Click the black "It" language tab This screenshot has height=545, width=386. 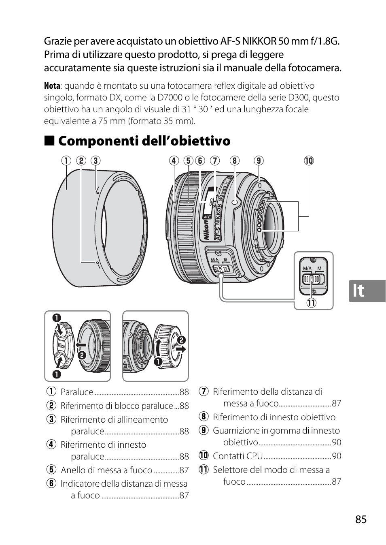[367, 291]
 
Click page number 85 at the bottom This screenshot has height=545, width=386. [361, 519]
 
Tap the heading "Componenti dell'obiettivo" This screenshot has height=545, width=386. [144, 141]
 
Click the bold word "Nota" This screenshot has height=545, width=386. [52, 86]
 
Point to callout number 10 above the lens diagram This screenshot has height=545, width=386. [309, 161]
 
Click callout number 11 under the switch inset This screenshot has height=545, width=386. [311, 303]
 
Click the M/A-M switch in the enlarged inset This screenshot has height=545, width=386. [312, 279]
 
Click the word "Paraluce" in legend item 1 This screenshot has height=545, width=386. [77, 392]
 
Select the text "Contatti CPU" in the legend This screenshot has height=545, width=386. [238, 456]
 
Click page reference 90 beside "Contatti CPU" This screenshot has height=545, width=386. [337, 456]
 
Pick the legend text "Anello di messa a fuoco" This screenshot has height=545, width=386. [106, 470]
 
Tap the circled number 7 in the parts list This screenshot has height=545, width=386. [204, 392]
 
